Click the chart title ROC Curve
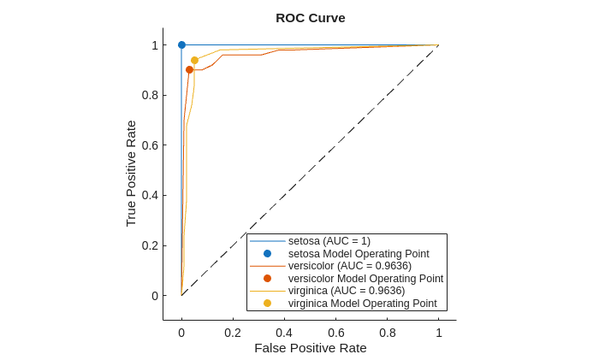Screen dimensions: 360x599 point(311,18)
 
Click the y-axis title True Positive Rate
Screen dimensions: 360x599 point(131,174)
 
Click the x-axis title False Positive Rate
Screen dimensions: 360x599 point(310,348)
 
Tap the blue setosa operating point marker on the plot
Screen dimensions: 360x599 point(181,44)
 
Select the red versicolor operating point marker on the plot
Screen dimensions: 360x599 point(189,69)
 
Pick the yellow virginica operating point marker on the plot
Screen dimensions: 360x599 point(194,60)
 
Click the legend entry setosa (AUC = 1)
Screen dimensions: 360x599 point(329,241)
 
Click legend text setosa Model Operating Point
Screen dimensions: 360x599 point(359,254)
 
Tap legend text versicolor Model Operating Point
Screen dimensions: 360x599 point(365,279)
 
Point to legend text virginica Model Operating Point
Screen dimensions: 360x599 point(362,304)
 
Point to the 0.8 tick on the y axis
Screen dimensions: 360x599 point(149,95)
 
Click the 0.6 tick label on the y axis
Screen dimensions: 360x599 point(149,145)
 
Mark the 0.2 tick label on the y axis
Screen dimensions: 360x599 point(149,245)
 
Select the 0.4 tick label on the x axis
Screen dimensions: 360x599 point(284,333)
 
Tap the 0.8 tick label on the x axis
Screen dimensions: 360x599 point(388,333)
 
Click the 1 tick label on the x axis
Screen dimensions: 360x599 point(439,333)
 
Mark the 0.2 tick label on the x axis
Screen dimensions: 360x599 point(233,333)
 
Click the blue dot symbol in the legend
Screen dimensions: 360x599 point(267,254)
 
